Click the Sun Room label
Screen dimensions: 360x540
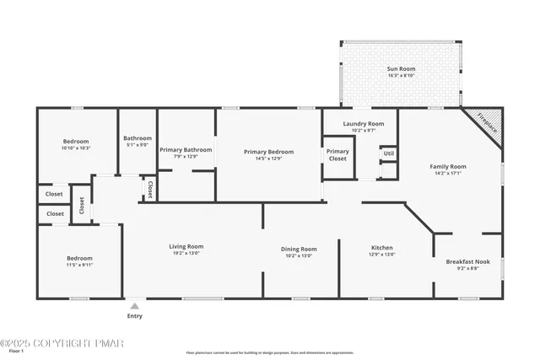(402, 68)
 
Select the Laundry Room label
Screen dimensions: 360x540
(363, 124)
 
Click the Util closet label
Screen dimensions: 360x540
(388, 153)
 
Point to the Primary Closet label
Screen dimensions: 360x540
(337, 155)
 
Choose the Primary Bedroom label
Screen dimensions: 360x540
(269, 152)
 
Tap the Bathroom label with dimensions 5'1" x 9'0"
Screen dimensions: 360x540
(138, 138)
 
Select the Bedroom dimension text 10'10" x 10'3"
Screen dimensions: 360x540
(76, 148)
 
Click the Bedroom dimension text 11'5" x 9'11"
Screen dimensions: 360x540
(80, 265)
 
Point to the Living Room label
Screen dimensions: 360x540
(187, 247)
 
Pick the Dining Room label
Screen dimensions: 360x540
(299, 249)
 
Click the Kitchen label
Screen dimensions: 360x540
(382, 249)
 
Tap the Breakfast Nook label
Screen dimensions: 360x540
(467, 262)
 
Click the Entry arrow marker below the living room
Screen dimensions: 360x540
(134, 305)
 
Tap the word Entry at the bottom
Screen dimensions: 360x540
(134, 316)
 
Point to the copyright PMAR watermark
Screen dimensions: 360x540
(62, 343)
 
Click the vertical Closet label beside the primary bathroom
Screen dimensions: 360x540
(150, 188)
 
